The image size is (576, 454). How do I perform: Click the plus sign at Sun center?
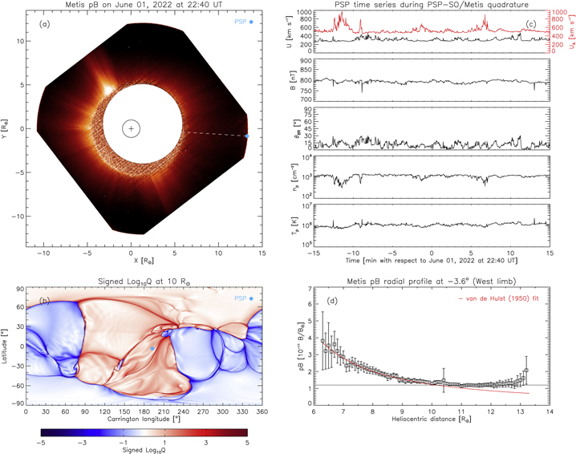click(x=132, y=128)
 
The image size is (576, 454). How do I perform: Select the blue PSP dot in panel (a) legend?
click(x=251, y=22)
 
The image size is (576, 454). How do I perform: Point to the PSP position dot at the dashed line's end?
click(x=247, y=136)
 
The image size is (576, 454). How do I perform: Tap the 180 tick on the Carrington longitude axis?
click(x=148, y=411)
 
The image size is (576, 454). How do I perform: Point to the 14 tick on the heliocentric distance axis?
click(x=549, y=411)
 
